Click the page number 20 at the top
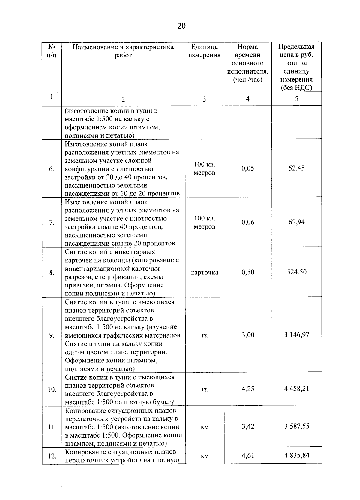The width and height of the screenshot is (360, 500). pyautogui.click(x=181, y=26)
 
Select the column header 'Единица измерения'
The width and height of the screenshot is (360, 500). pyautogui.click(x=204, y=51)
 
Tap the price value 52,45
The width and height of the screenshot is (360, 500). pyautogui.click(x=296, y=168)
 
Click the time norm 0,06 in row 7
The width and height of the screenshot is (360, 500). pyautogui.click(x=248, y=222)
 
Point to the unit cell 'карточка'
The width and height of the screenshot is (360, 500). pyautogui.click(x=204, y=273)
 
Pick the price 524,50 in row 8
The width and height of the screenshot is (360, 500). pyautogui.click(x=296, y=272)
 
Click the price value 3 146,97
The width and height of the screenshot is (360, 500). pyautogui.click(x=296, y=335)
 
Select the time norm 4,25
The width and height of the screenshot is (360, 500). pyautogui.click(x=248, y=389)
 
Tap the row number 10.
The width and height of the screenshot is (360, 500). pyautogui.click(x=52, y=390)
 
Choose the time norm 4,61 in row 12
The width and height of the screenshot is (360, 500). pyautogui.click(x=248, y=456)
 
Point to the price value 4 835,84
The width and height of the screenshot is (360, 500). pyautogui.click(x=296, y=456)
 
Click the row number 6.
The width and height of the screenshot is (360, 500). pyautogui.click(x=52, y=169)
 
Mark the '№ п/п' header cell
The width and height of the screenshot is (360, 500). pyautogui.click(x=52, y=51)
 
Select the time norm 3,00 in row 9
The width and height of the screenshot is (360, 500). pyautogui.click(x=248, y=335)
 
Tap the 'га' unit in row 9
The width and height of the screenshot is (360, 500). pyautogui.click(x=204, y=335)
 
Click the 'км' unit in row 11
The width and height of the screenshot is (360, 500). pyautogui.click(x=204, y=427)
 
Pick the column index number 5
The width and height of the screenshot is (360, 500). pyautogui.click(x=296, y=99)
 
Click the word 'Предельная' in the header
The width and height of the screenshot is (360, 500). pyautogui.click(x=296, y=47)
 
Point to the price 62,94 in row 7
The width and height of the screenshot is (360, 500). pyautogui.click(x=296, y=222)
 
